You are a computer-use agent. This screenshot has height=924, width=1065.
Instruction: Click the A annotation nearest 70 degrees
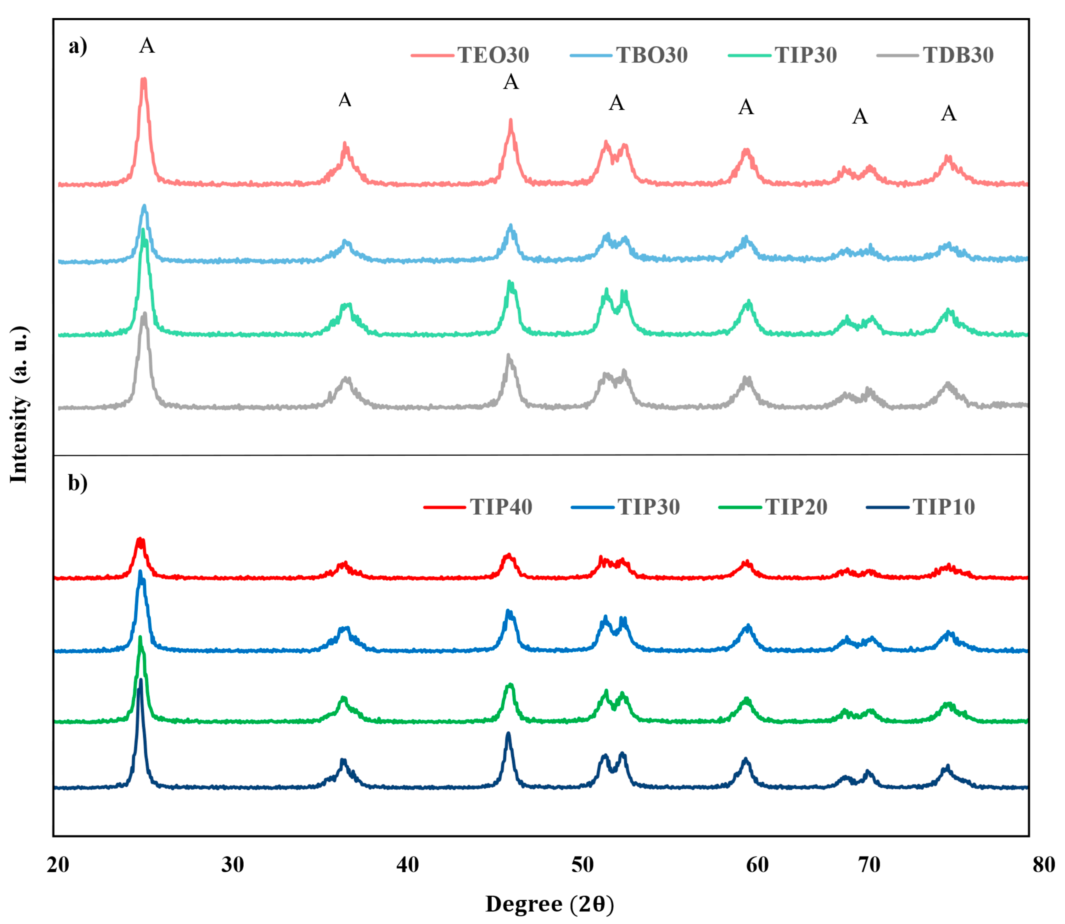click(860, 117)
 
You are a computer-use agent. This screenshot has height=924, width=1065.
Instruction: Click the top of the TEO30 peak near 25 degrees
click(144, 79)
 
